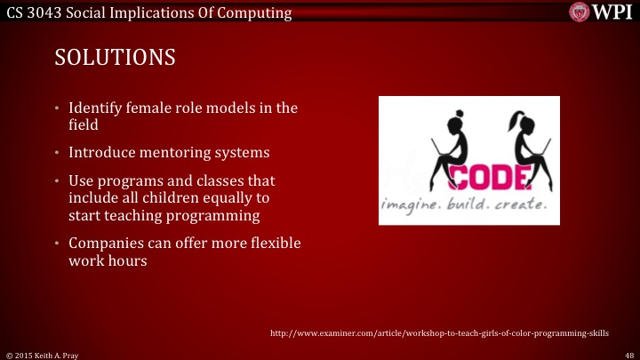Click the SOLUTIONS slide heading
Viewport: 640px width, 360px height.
(x=115, y=57)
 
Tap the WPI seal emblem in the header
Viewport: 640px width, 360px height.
(x=580, y=12)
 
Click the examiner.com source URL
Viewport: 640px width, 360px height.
(x=439, y=332)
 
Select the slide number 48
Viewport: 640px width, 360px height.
(x=628, y=354)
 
